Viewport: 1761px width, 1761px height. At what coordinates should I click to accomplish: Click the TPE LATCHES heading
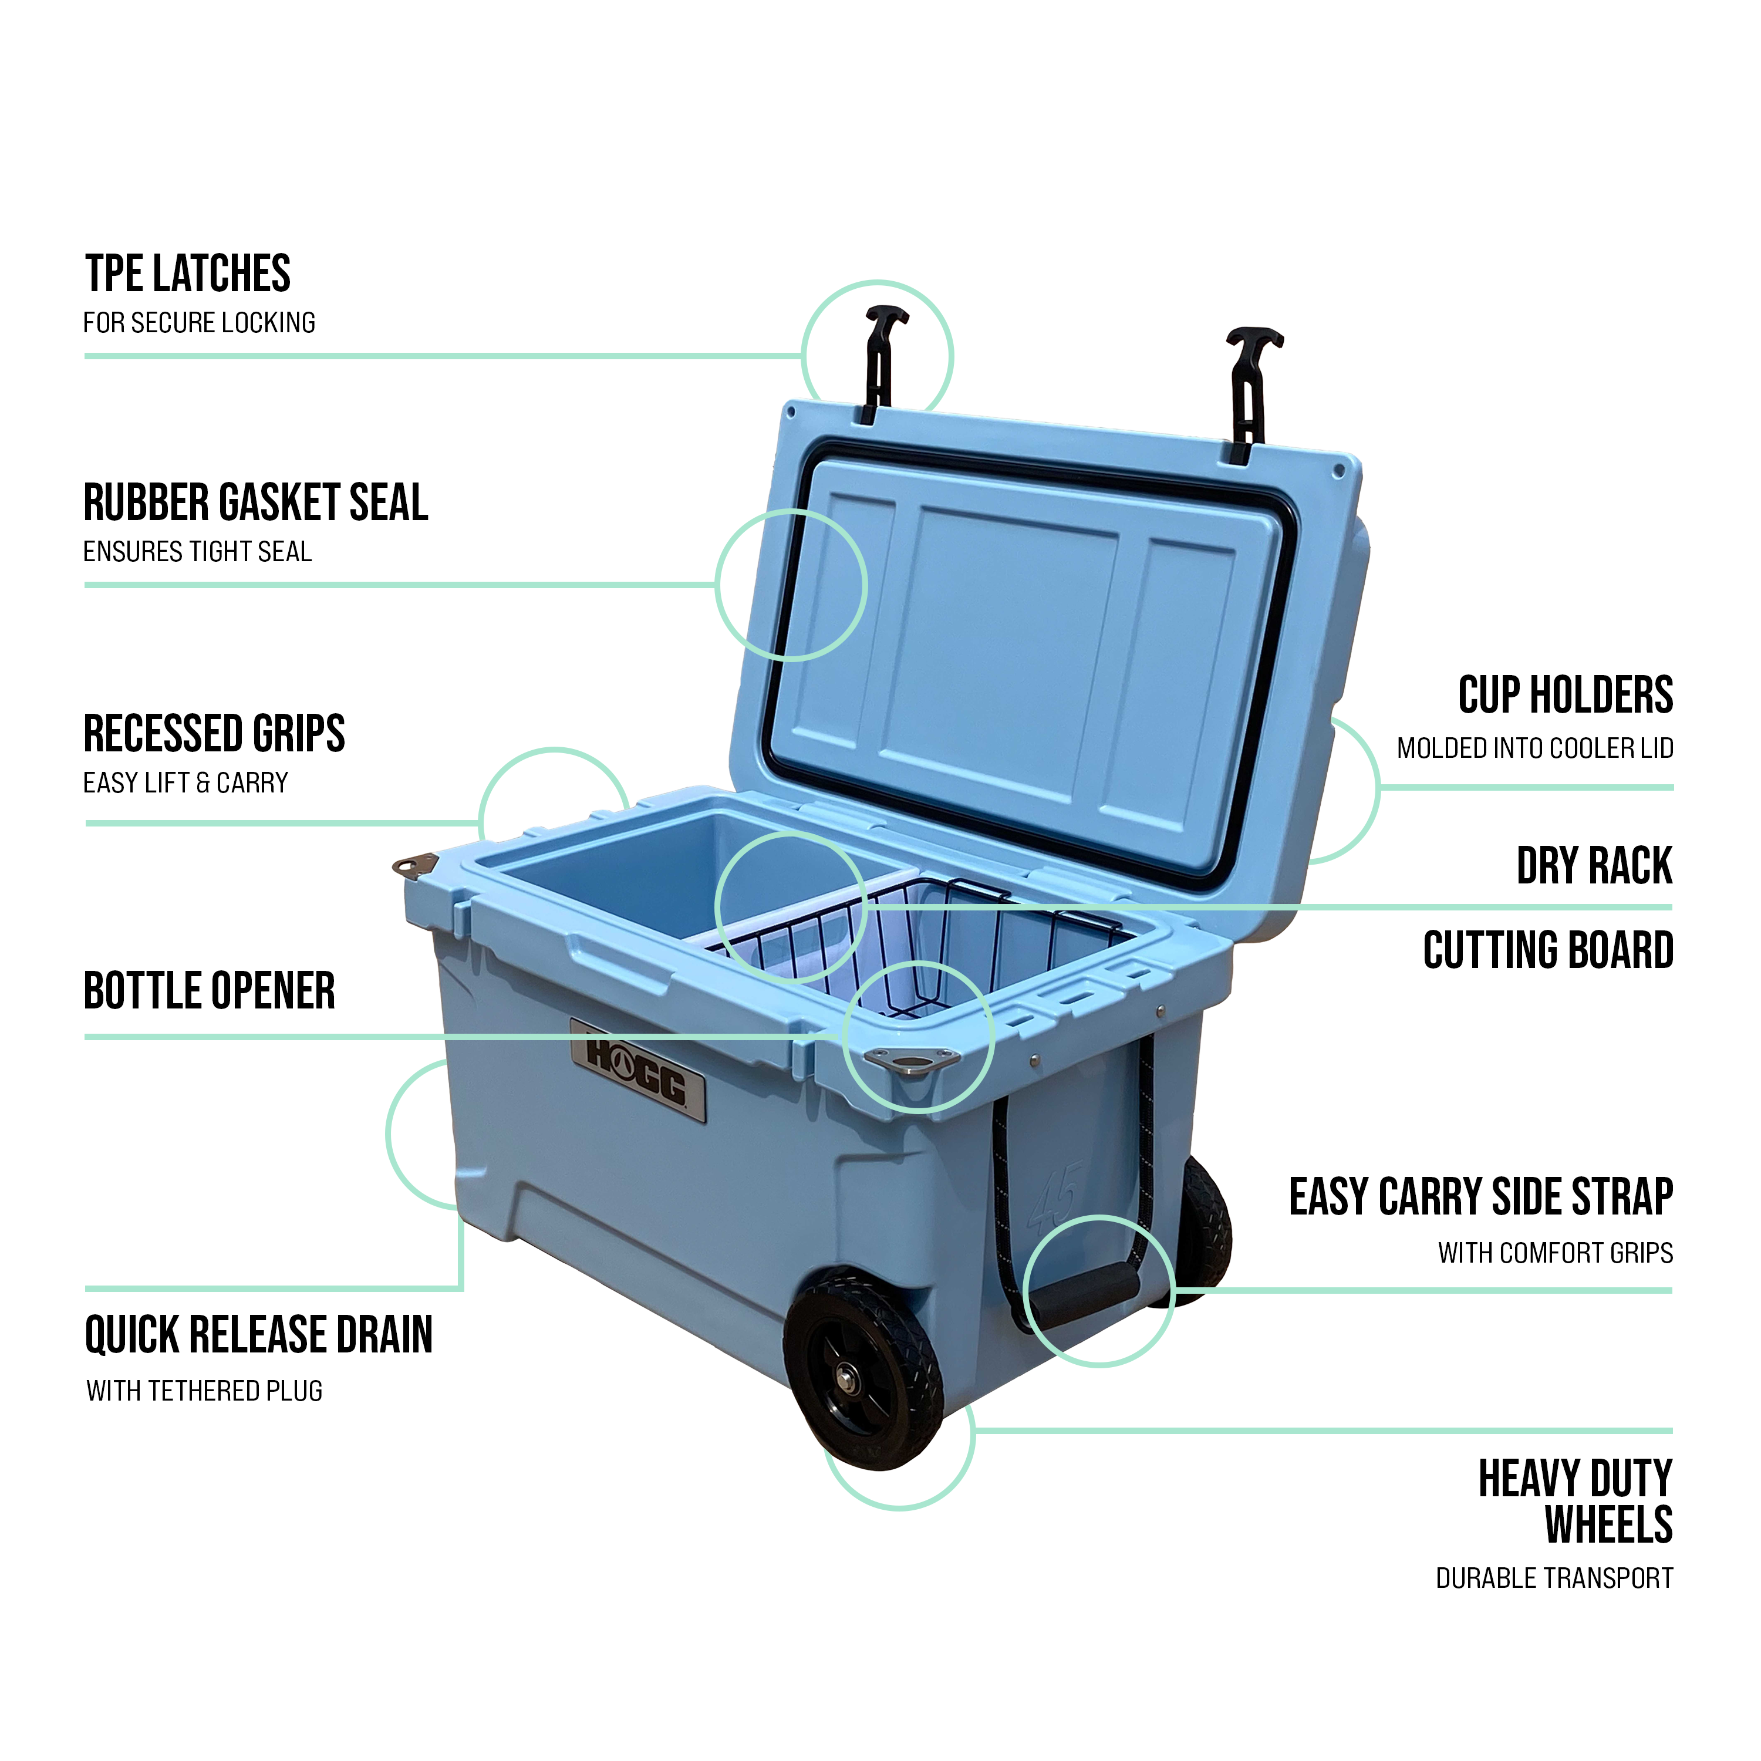point(188,274)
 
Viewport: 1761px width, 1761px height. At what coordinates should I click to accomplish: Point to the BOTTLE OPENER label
point(210,991)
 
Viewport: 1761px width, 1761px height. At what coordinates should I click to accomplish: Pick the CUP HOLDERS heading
point(1565,696)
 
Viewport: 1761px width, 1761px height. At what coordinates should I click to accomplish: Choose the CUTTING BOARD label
point(1548,951)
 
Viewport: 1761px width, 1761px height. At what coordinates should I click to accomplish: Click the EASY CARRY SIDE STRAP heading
point(1480,1197)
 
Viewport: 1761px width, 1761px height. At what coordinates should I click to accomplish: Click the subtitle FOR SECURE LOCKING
point(199,323)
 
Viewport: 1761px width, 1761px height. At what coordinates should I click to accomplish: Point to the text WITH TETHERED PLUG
point(204,1391)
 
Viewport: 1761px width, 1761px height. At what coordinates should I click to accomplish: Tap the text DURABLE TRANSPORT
point(1554,1578)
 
